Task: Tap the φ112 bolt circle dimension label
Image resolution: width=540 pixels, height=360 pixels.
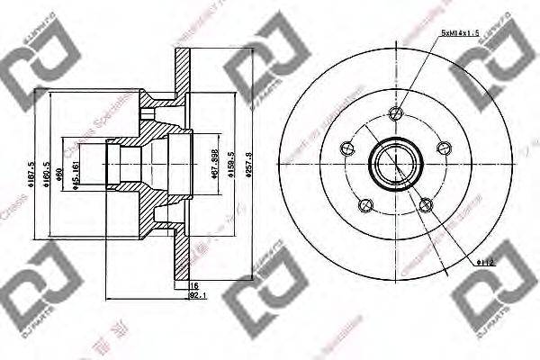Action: click(486, 262)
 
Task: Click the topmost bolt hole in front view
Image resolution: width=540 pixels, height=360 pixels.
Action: click(394, 112)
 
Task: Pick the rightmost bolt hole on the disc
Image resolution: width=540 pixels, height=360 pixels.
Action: click(442, 148)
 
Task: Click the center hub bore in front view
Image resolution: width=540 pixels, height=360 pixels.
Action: click(394, 164)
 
